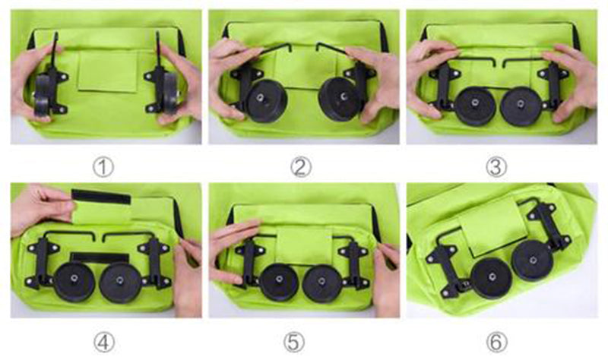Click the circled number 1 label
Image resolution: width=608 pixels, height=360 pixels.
103,168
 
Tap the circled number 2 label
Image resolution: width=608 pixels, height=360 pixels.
301,168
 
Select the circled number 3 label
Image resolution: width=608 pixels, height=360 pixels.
496,168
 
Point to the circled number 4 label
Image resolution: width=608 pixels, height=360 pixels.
104,343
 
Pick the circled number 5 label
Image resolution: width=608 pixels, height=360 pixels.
294,343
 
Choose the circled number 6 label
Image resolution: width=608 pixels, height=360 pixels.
497,343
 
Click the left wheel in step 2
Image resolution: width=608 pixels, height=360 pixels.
267,102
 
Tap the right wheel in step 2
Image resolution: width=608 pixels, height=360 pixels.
339,99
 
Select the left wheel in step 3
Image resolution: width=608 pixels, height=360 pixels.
474,106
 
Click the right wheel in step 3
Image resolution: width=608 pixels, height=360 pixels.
521,106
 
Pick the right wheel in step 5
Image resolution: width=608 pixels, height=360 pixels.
322,283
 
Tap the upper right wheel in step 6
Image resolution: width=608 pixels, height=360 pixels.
533,261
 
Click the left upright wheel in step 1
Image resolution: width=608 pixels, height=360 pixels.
43,94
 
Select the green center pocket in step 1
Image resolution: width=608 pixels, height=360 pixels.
108,71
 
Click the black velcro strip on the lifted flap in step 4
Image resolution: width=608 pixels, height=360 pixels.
101,197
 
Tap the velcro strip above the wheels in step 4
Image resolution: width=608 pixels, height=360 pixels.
100,257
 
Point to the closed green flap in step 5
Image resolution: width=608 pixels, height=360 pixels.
305,245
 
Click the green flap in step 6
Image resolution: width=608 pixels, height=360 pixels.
491,226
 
